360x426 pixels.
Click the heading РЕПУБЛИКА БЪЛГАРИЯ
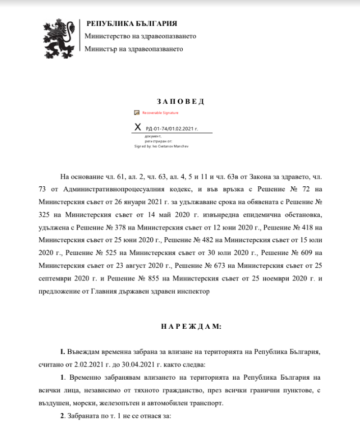132,23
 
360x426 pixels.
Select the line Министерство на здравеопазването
140,36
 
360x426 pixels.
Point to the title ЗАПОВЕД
179,101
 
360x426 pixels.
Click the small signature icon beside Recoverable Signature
136,112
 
